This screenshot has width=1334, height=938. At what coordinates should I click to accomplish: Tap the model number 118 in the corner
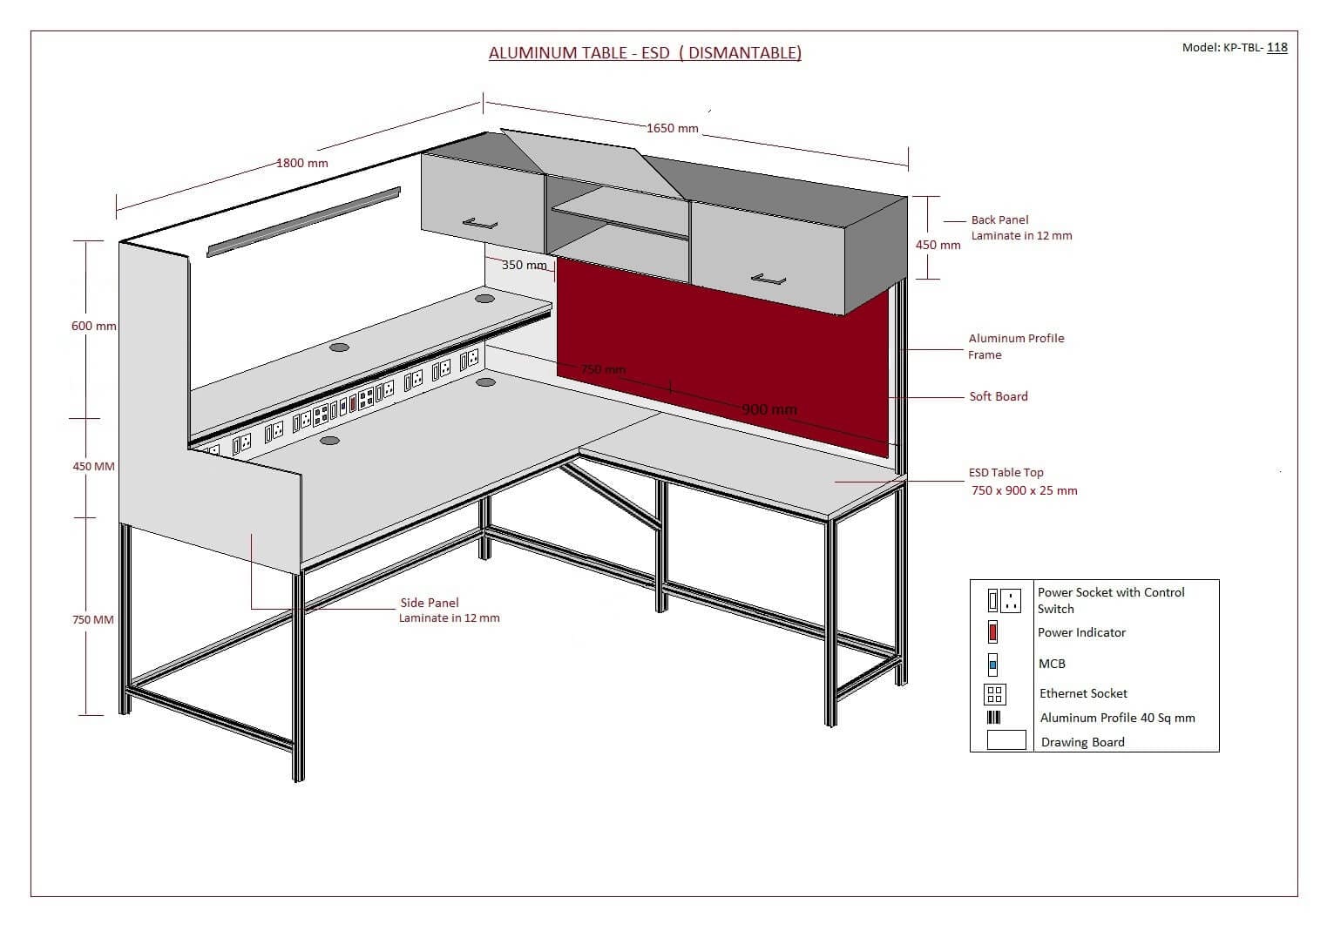pyautogui.click(x=1276, y=47)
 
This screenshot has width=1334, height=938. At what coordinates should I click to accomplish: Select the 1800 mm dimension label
pyautogui.click(x=302, y=163)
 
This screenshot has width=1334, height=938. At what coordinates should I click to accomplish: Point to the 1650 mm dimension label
pyautogui.click(x=672, y=128)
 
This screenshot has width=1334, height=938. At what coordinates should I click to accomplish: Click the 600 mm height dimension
pyautogui.click(x=93, y=326)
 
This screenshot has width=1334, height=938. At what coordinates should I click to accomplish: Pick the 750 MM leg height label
pyautogui.click(x=92, y=619)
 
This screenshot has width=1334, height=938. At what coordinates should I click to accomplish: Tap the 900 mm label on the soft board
pyautogui.click(x=769, y=409)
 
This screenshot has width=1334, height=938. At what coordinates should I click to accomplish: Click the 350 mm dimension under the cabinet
pyautogui.click(x=524, y=265)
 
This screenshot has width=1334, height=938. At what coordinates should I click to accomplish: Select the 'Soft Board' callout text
pyautogui.click(x=998, y=396)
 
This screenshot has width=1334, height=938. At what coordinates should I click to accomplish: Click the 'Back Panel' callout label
pyautogui.click(x=999, y=219)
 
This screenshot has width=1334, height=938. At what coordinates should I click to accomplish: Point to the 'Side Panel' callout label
pyautogui.click(x=430, y=603)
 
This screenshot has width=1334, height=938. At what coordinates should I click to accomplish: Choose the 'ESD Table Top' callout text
pyautogui.click(x=1006, y=472)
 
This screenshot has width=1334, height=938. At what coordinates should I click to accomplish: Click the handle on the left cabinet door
pyautogui.click(x=480, y=223)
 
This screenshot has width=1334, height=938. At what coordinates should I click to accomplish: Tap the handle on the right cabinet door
pyautogui.click(x=769, y=280)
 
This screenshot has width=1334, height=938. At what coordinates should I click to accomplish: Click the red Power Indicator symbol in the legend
pyautogui.click(x=992, y=632)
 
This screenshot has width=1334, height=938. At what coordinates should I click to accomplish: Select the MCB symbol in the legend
pyautogui.click(x=992, y=665)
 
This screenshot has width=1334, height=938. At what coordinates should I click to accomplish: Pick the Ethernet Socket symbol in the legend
pyautogui.click(x=994, y=694)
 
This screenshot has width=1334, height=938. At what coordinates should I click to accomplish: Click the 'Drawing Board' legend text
pyautogui.click(x=1082, y=742)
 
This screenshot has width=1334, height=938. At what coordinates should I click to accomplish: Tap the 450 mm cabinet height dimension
pyautogui.click(x=938, y=245)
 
